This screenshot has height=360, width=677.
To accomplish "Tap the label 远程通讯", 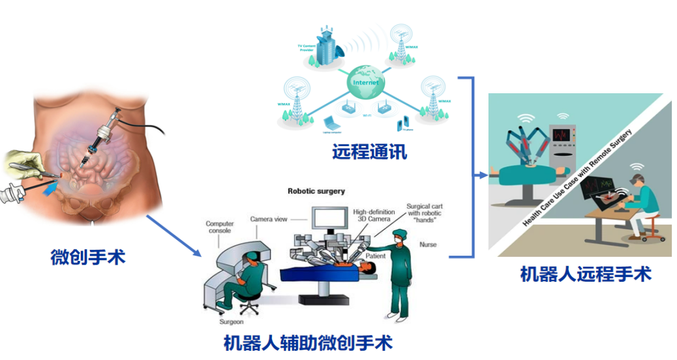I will pyautogui.click(x=369, y=152).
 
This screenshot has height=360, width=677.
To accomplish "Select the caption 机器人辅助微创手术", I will pyautogui.click(x=308, y=343).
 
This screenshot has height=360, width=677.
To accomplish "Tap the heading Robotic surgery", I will pyautogui.click(x=316, y=191).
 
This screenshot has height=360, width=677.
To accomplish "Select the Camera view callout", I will pyautogui.click(x=269, y=219).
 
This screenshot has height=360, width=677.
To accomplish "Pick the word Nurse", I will pyautogui.click(x=429, y=245).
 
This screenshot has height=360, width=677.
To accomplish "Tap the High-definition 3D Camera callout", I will pyautogui.click(x=374, y=216).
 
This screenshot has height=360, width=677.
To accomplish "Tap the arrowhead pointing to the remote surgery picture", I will pyautogui.click(x=483, y=175).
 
